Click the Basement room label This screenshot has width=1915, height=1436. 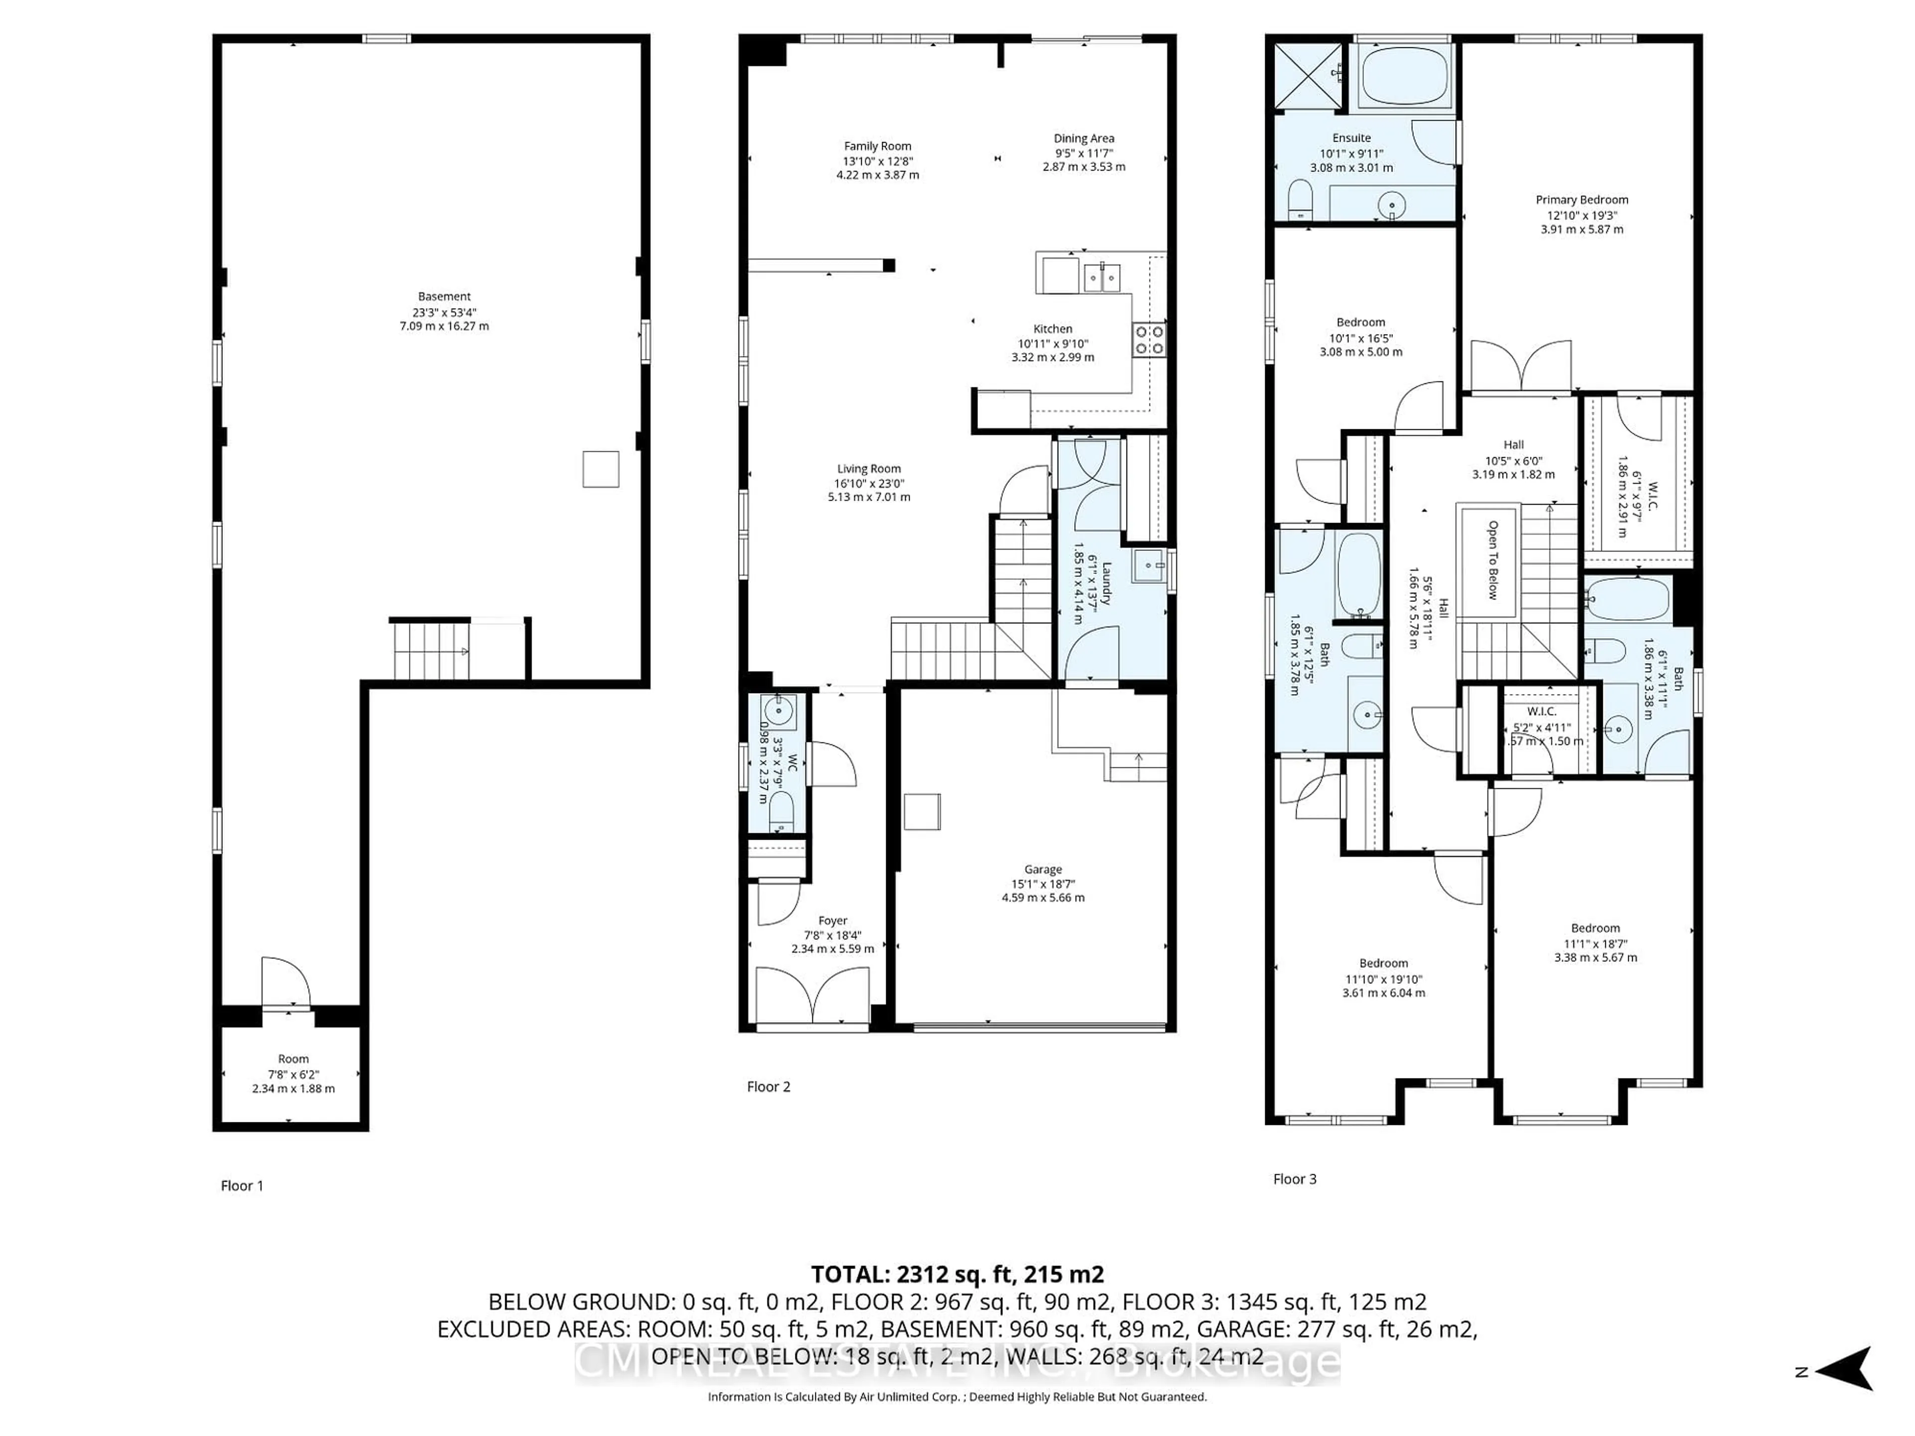click(444, 297)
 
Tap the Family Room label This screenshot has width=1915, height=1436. click(877, 146)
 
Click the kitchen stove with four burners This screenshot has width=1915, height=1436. click(1149, 340)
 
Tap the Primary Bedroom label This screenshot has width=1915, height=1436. click(1582, 200)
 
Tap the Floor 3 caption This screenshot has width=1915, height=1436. click(1294, 1179)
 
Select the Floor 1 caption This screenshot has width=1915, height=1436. click(241, 1186)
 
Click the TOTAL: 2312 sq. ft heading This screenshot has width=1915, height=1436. click(957, 1274)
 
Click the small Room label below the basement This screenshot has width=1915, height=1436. click(293, 1059)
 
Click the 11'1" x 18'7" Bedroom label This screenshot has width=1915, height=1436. click(1595, 928)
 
